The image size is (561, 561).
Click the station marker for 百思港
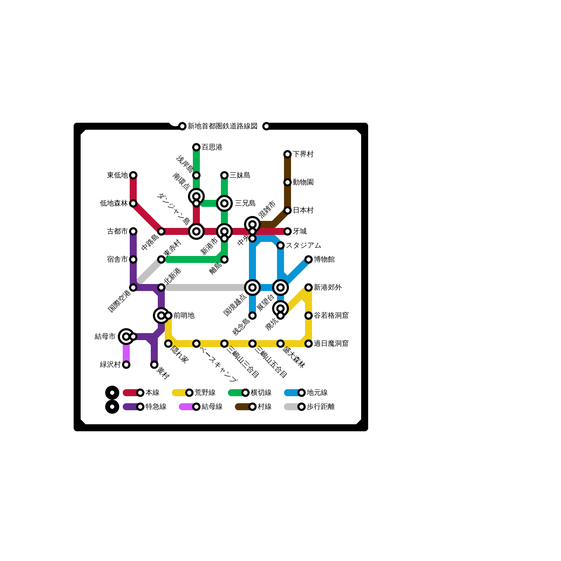[196, 147]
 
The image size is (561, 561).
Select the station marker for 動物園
[288, 182]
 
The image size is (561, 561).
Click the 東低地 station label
[117, 175]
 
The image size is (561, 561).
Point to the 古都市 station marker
[133, 231]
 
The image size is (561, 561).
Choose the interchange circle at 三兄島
[224, 203]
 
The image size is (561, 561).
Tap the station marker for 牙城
[288, 231]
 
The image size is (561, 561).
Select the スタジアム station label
[303, 245]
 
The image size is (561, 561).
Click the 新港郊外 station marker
[309, 288]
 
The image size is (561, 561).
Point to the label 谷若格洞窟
[331, 316]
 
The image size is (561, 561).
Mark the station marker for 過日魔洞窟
[309, 344]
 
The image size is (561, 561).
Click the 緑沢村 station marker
[126, 365]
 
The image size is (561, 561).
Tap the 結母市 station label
[105, 337]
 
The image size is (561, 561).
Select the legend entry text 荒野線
[205, 393]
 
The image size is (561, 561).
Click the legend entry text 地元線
[317, 393]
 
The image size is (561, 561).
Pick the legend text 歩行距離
[320, 407]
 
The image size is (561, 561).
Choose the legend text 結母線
[212, 407]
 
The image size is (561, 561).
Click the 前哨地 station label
[184, 316]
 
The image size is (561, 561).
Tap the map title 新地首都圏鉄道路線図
[222, 126]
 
